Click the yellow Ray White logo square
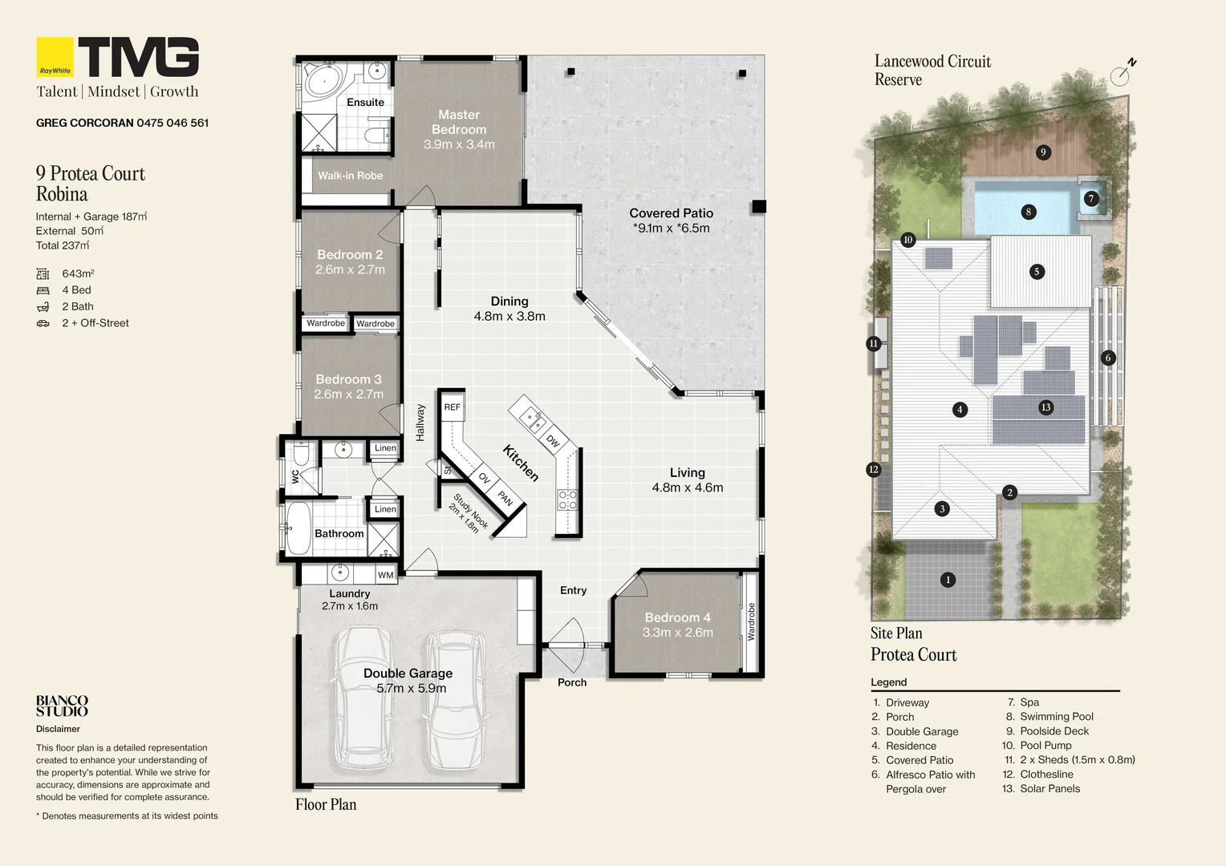coord(55,57)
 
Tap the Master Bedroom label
coord(459,122)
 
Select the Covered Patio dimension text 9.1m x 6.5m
coord(672,229)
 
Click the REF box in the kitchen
coord(453,407)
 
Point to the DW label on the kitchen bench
coord(553,441)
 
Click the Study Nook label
coord(469,512)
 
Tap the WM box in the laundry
coord(386,575)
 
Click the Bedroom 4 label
coord(677,617)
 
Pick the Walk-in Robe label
coord(350,176)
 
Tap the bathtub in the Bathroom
coord(298,528)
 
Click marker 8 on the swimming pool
coord(1029,212)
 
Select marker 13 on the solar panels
coord(1045,407)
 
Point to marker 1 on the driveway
coord(948,580)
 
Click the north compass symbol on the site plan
coord(1122,74)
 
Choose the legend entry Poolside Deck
coord(1054,731)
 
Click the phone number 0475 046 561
coord(173,123)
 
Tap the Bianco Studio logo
coord(62,706)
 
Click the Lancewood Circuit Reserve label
coord(932,71)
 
